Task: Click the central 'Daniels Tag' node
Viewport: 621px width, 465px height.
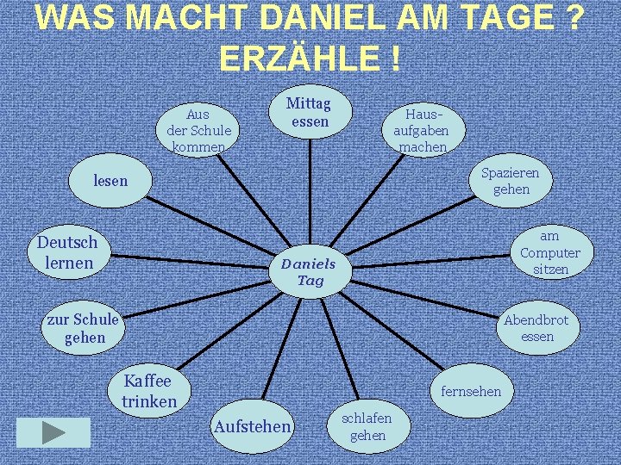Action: pyautogui.click(x=308, y=270)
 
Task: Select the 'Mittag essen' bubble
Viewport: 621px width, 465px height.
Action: pyautogui.click(x=309, y=113)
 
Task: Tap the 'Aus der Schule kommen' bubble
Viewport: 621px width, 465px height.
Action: pyautogui.click(x=198, y=130)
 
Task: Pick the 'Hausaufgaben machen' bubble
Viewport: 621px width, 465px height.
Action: pyautogui.click(x=421, y=130)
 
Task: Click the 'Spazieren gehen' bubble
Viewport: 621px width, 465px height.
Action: pyautogui.click(x=511, y=181)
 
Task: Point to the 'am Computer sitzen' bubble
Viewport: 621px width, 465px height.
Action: pyautogui.click(x=549, y=252)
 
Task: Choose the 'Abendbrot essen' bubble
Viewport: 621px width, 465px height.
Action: pyautogui.click(x=536, y=328)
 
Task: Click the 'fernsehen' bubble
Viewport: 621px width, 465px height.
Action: pyautogui.click(x=470, y=392)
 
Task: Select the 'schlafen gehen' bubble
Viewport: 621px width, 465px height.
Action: pyautogui.click(x=367, y=426)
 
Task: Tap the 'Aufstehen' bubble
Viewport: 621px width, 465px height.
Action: pyautogui.click(x=252, y=426)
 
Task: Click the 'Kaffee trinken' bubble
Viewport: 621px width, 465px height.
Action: pyautogui.click(x=148, y=391)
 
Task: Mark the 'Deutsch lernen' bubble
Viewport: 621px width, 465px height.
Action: pyautogui.click(x=67, y=252)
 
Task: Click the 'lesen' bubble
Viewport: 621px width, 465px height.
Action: pyautogui.click(x=110, y=181)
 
